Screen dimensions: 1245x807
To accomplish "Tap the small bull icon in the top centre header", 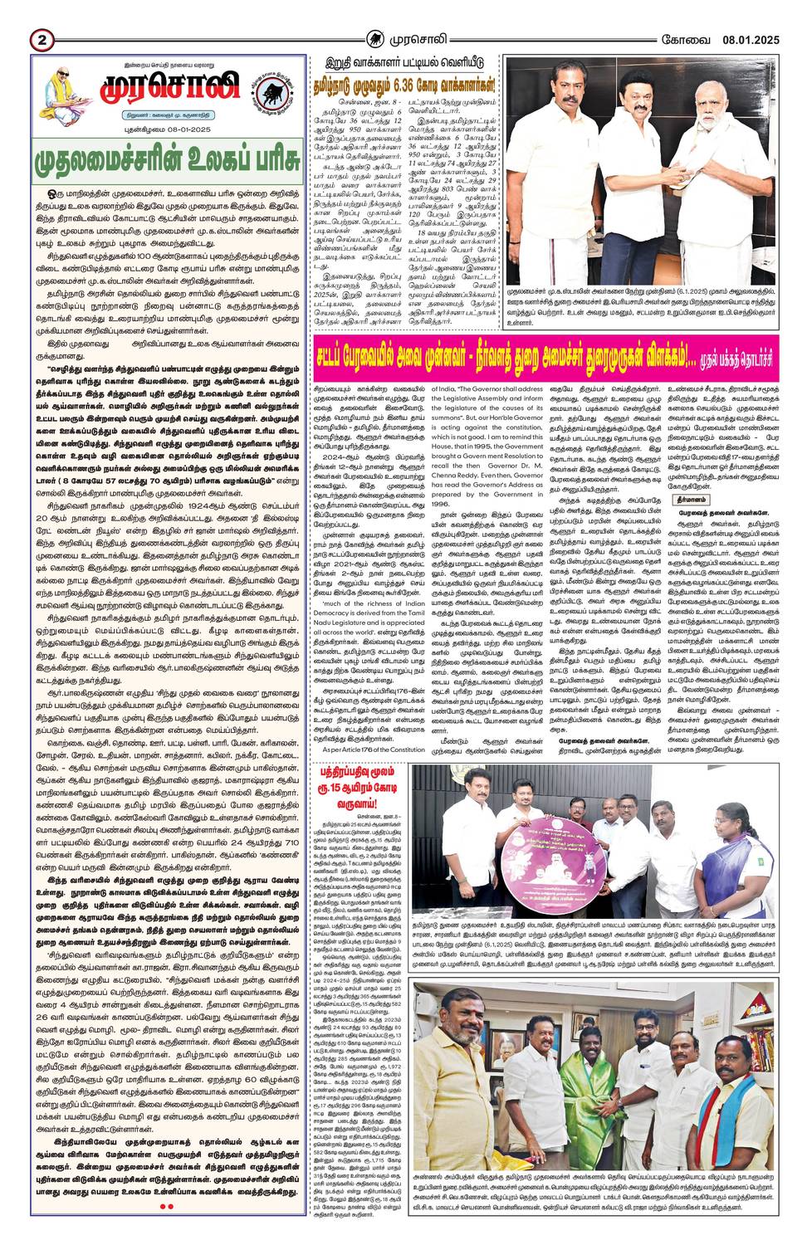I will click(375, 38).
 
